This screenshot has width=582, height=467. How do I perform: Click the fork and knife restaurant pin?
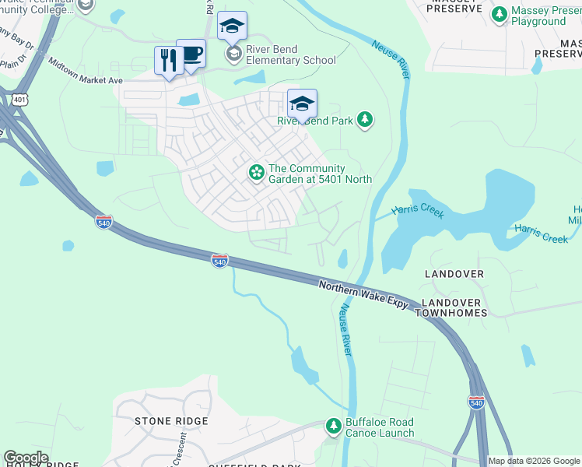[169, 60]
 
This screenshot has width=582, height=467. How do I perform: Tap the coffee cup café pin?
[191, 54]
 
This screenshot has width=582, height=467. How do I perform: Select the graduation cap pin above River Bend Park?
[303, 104]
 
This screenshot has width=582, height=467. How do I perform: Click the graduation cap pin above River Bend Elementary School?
[232, 26]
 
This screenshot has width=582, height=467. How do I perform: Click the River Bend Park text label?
[315, 121]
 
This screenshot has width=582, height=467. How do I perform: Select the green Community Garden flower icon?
[255, 173]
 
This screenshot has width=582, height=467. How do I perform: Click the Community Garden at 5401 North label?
[319, 174]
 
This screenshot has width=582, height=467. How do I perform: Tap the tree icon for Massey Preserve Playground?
[499, 14]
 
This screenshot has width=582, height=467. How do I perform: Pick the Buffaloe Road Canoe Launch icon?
[333, 427]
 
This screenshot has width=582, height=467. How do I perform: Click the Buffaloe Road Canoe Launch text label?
[380, 427]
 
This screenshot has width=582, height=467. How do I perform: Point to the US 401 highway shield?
[19, 98]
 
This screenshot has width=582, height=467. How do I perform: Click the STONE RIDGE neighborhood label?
[171, 421]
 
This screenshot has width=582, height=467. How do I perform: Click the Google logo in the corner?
[26, 458]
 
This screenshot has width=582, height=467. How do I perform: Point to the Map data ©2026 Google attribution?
[534, 461]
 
